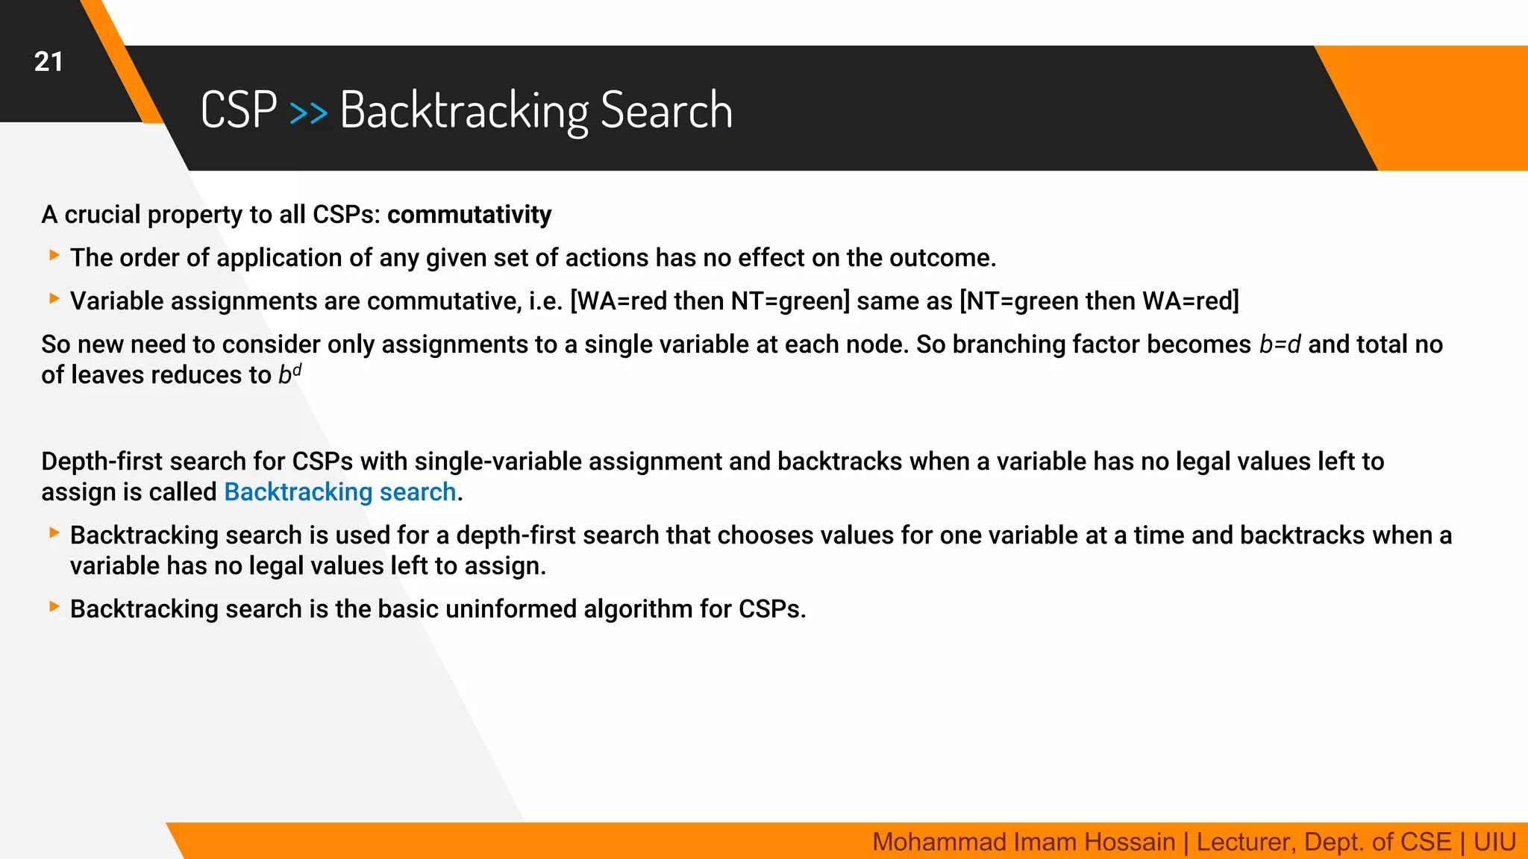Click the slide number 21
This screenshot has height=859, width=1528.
click(48, 62)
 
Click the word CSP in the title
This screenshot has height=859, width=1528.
click(239, 110)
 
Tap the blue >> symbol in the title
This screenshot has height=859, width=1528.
click(308, 113)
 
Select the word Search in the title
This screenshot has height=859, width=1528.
click(666, 110)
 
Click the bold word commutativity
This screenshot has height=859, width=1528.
click(469, 215)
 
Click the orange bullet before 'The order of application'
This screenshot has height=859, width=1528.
click(54, 256)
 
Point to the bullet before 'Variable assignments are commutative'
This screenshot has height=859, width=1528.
click(54, 299)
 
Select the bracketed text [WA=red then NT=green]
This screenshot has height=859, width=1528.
click(710, 301)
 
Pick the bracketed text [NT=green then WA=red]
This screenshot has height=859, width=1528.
click(1098, 301)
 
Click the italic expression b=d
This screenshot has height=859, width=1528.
click(1280, 344)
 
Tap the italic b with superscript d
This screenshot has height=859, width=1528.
click(289, 374)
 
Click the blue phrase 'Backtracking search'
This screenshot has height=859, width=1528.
click(340, 492)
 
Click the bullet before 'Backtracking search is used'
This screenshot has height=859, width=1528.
click(54, 533)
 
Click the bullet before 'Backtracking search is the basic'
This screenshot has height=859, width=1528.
click(54, 607)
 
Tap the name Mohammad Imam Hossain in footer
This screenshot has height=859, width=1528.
click(1023, 842)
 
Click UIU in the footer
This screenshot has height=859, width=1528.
click(1494, 842)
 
